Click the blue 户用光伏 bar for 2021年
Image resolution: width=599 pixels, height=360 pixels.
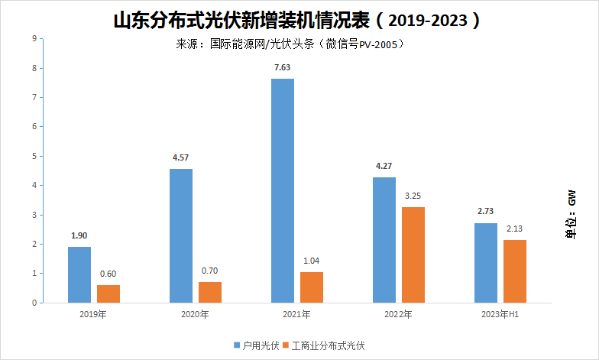tap(282, 190)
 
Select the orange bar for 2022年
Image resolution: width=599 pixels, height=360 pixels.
tap(413, 255)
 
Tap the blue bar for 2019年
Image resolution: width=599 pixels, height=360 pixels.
tap(79, 274)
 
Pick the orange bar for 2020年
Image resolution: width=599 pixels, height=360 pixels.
tap(210, 292)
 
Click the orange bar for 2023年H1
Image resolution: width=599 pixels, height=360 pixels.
tap(514, 271)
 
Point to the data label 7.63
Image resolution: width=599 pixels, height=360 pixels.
tap(282, 67)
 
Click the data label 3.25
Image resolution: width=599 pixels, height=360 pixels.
tap(413, 196)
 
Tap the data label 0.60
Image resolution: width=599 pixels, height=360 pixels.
tap(108, 274)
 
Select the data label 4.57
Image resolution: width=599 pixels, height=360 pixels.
tap(181, 158)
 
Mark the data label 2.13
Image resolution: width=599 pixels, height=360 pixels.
tap(514, 229)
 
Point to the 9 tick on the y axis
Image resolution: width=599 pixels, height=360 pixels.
tap(34, 38)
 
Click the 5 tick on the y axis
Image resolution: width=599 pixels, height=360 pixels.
tap(34, 156)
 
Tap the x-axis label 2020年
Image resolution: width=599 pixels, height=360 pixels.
tap(195, 314)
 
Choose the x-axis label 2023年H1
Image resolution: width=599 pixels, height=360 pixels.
tap(500, 314)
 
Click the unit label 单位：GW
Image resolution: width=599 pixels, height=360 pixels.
tap(571, 216)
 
